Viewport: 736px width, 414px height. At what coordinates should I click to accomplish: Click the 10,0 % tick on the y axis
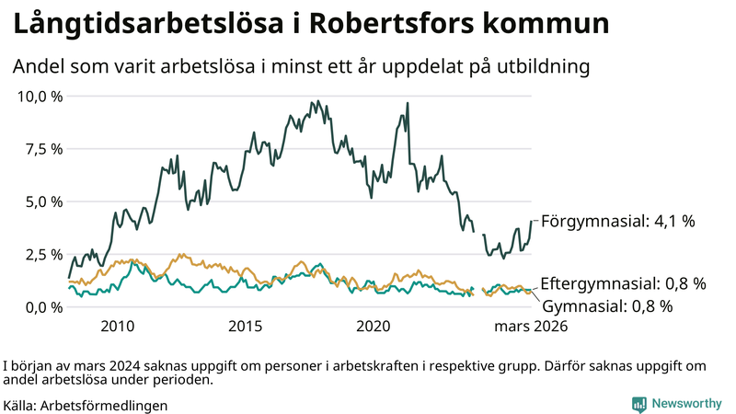coord(38,96)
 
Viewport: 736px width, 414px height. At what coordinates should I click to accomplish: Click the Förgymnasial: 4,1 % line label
coord(617,221)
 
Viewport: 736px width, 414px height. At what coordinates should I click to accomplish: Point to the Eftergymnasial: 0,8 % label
coord(623,283)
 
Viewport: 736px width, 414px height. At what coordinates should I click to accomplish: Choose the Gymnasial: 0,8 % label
coord(607,305)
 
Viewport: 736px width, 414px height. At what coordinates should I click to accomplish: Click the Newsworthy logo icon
coord(638,404)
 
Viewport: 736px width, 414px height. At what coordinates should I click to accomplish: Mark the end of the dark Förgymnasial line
coord(531,221)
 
